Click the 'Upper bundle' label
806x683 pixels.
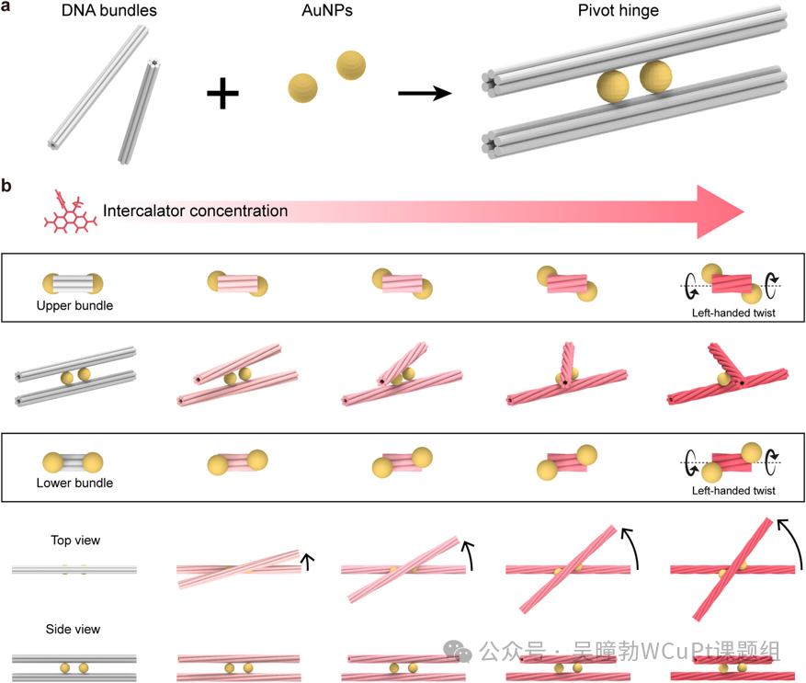(75, 305)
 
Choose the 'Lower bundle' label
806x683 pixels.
(75, 483)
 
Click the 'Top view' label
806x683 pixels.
(75, 541)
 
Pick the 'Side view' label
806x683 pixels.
(74, 630)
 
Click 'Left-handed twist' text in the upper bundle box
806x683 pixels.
(732, 313)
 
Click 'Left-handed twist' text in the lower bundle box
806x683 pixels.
(732, 490)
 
